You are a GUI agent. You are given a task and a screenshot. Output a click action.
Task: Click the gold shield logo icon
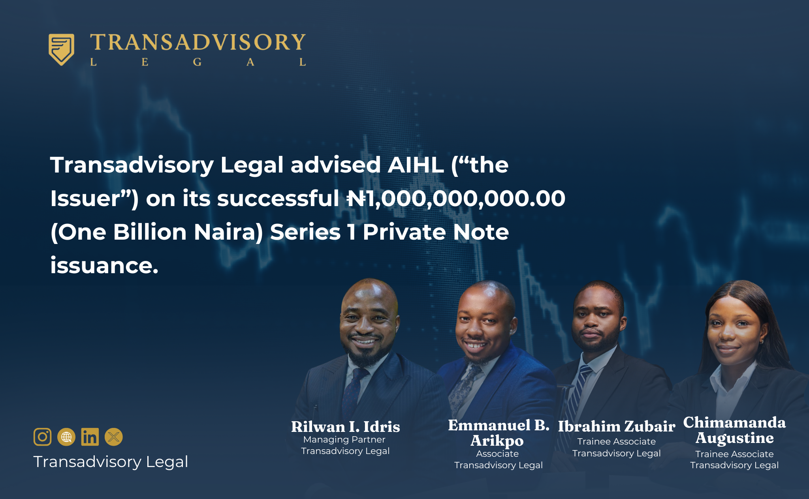pos(61,49)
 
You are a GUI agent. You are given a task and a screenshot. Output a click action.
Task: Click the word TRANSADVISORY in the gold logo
pos(198,42)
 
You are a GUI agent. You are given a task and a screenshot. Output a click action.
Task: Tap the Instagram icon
pos(43,437)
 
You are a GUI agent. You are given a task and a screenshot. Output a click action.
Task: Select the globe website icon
pos(66,437)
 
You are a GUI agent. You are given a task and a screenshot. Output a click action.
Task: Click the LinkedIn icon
pos(90,437)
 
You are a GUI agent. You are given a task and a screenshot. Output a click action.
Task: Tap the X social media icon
pos(114,437)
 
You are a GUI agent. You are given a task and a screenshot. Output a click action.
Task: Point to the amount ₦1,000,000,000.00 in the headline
pos(456,198)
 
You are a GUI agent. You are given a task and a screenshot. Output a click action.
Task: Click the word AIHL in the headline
pos(416,165)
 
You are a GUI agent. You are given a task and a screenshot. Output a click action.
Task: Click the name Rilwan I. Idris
pos(346,427)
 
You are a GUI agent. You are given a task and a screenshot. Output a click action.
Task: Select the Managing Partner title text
pos(344,439)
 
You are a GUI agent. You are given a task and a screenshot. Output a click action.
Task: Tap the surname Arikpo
pos(497,441)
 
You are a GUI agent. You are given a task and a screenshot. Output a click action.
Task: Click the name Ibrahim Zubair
pos(617,426)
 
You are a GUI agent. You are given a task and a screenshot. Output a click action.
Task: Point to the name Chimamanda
pos(734,422)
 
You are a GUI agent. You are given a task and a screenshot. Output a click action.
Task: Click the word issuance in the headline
pos(104,265)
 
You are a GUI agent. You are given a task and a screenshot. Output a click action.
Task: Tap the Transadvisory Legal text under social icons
pos(111,462)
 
